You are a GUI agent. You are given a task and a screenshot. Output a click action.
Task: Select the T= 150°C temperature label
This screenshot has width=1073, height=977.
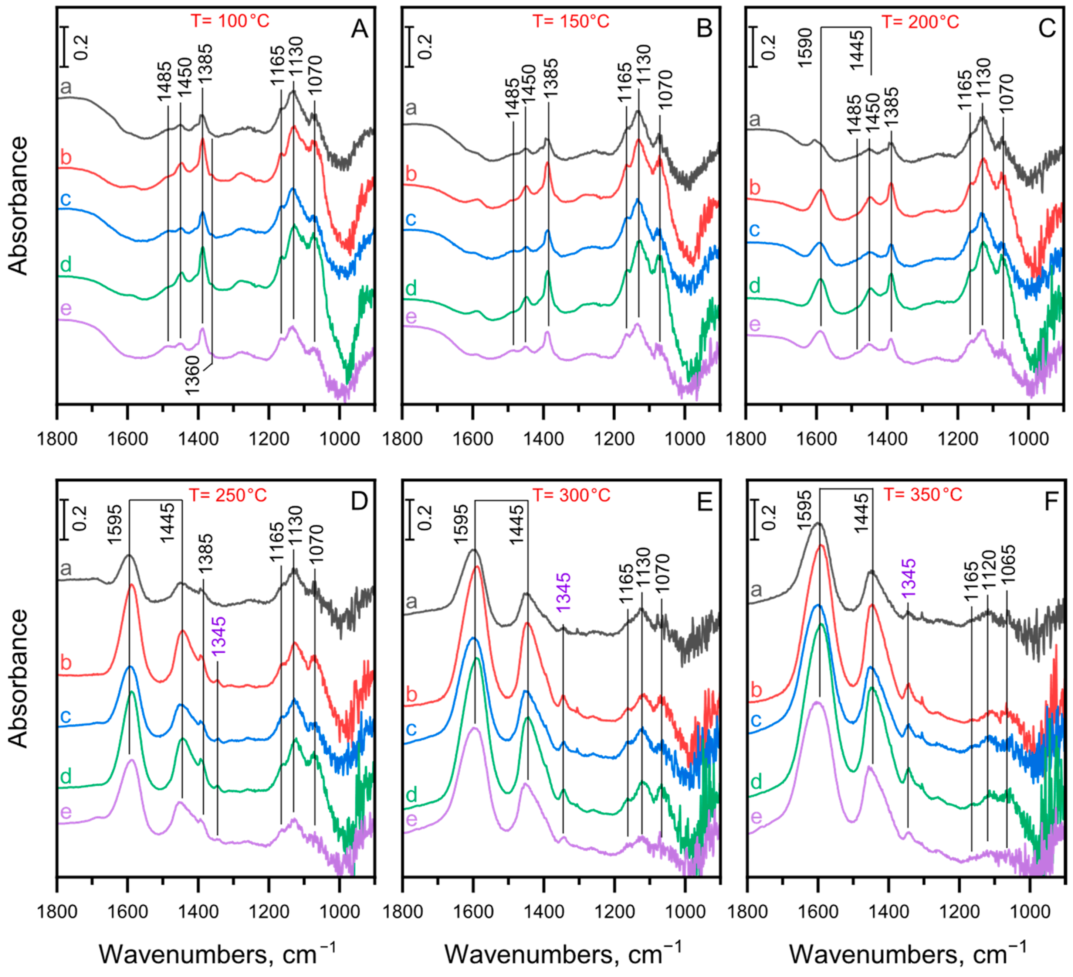point(571,21)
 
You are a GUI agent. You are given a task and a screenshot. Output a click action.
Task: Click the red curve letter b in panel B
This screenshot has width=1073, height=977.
point(411,174)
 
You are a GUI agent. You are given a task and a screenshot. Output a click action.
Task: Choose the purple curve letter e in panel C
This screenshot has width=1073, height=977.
point(755,324)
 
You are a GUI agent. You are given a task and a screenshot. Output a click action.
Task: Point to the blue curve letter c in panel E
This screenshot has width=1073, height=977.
point(411,728)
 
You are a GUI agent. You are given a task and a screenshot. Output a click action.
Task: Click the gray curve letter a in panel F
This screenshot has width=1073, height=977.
point(755,589)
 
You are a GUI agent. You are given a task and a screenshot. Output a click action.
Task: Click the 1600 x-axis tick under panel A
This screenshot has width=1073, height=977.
point(128,439)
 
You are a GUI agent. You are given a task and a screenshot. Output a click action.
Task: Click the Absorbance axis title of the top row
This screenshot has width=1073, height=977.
point(18,205)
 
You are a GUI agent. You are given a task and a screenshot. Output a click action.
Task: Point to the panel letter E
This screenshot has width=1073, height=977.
point(705,502)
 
